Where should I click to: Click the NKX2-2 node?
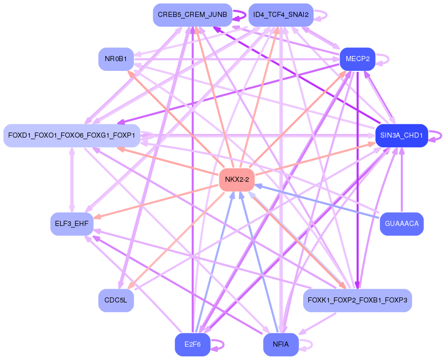[x=237, y=179]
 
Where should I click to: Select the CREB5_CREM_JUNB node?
[x=193, y=15]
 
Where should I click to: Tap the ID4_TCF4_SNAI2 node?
[x=281, y=15]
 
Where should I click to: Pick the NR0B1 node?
[x=116, y=59]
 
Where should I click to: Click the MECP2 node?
[x=358, y=59]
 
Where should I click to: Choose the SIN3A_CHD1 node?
[x=401, y=135]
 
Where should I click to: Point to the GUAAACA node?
[x=401, y=223]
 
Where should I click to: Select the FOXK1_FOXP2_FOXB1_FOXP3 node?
[x=357, y=300]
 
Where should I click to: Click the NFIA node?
[x=281, y=345]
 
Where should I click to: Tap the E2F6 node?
[x=193, y=345]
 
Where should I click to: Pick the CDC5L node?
[x=116, y=300]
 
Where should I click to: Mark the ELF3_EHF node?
[x=72, y=223]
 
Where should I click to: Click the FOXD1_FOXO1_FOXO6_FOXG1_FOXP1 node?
[x=72, y=135]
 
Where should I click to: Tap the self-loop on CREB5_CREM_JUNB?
[x=239, y=15]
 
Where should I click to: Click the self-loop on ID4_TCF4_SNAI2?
[x=321, y=15]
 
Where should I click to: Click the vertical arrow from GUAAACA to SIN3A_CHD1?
[x=401, y=180]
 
